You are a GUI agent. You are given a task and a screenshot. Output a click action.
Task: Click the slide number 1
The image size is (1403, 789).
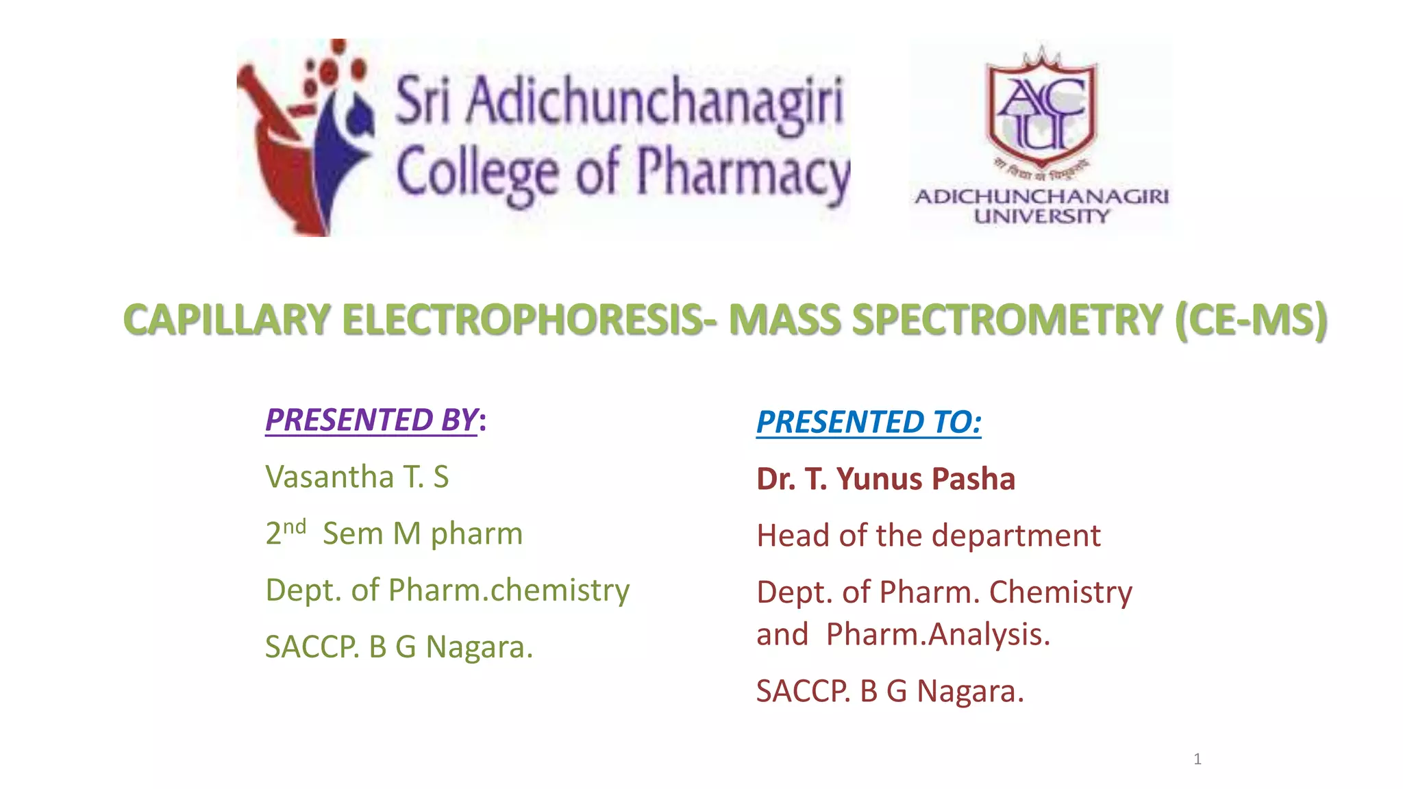coord(1197,759)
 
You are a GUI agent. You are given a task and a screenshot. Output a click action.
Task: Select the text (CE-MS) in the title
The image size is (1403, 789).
coord(1250,321)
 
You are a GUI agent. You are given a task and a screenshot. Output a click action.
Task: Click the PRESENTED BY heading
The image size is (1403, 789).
coord(371,420)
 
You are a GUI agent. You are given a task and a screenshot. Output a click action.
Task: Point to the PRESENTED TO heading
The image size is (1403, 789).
coord(868,422)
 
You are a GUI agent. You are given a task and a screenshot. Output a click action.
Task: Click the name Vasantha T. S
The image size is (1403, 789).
coord(357,477)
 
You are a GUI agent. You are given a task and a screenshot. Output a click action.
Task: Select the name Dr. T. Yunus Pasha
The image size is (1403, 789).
coord(885,479)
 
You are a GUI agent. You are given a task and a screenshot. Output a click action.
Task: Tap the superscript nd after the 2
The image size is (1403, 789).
coord(295,527)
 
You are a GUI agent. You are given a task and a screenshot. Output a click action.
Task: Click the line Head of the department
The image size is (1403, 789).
coord(928,536)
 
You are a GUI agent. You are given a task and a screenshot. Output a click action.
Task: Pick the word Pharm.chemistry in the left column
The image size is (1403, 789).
coord(508,590)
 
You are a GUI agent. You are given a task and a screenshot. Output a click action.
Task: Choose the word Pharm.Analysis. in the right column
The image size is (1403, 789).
coord(938,634)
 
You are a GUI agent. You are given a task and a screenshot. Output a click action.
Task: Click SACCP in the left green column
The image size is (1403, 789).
coord(312,647)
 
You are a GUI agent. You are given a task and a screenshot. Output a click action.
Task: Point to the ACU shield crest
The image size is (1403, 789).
coord(1041,110)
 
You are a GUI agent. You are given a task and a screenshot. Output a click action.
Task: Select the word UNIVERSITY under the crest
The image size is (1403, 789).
coord(1041,216)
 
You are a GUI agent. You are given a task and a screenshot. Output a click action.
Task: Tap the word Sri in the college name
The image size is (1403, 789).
coord(423,100)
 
